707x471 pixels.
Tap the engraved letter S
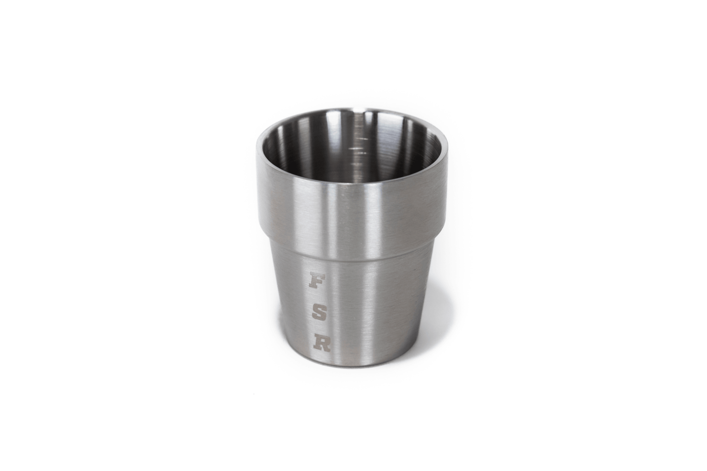click(x=319, y=313)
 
